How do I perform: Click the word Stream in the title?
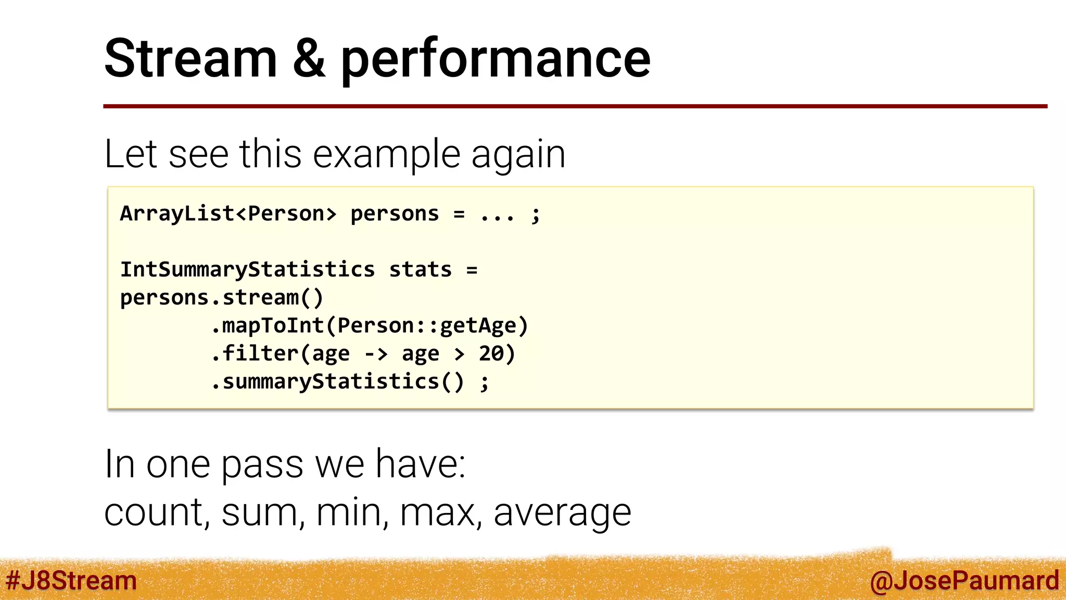tap(191, 58)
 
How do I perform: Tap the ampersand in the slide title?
tap(309, 58)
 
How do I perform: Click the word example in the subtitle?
tap(387, 155)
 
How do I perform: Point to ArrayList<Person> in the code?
tap(228, 214)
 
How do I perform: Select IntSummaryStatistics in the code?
tap(247, 270)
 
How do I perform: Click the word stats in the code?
tap(420, 270)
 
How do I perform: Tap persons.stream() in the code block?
tap(222, 298)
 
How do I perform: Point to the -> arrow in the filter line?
tap(376, 354)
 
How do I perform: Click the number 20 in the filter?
tap(491, 354)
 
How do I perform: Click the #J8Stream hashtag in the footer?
tap(71, 581)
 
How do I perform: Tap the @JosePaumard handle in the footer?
tap(964, 581)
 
